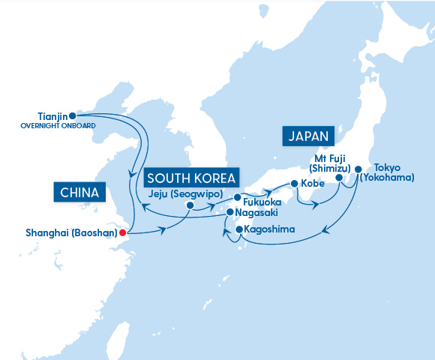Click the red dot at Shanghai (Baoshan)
coord(123,232)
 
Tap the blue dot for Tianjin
coord(72,115)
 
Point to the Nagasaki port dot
coord(230,212)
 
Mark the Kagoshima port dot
coord(238,229)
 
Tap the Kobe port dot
coord(294,184)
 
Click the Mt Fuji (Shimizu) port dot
coord(338,178)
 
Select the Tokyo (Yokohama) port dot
coord(358,169)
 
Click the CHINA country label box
coord(77,193)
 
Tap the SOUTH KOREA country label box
coord(191,178)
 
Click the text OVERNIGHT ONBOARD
coord(59,126)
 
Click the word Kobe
coord(313,184)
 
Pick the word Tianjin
coord(52,116)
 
